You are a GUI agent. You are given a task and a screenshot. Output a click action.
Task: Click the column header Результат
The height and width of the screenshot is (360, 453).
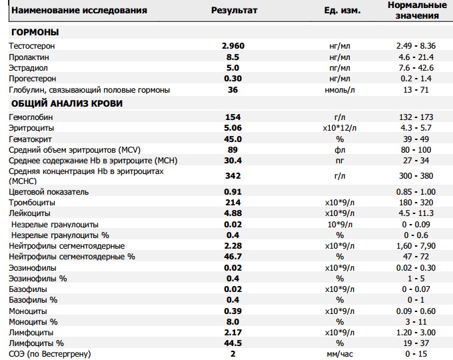tap(234, 12)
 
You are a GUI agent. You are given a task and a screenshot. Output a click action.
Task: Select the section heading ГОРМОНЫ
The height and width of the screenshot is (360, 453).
tap(34, 33)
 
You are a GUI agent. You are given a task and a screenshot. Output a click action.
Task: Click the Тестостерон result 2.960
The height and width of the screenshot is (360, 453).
tap(233, 46)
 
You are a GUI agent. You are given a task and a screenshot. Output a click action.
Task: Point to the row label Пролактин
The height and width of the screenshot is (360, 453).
tap(29, 57)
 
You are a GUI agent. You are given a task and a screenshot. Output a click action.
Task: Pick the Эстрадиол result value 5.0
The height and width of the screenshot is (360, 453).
tap(233, 68)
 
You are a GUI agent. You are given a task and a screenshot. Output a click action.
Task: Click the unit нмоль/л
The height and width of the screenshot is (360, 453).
tap(340, 90)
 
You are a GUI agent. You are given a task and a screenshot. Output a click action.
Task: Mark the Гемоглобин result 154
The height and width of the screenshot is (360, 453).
tap(233, 117)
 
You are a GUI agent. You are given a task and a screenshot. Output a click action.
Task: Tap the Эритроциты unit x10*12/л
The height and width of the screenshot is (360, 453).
tap(340, 127)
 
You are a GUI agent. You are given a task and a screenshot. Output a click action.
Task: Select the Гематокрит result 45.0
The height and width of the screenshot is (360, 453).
tap(233, 139)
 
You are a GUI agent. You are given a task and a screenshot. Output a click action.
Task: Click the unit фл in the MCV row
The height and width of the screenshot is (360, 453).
tap(340, 149)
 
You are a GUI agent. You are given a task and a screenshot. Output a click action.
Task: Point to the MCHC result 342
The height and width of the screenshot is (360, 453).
tap(233, 176)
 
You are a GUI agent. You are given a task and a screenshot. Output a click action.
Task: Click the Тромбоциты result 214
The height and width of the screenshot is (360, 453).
tap(233, 203)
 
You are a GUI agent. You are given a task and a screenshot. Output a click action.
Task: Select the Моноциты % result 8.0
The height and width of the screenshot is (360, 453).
tap(233, 321)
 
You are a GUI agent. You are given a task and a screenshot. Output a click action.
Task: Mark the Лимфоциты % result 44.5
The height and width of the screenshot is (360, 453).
tap(233, 343)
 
